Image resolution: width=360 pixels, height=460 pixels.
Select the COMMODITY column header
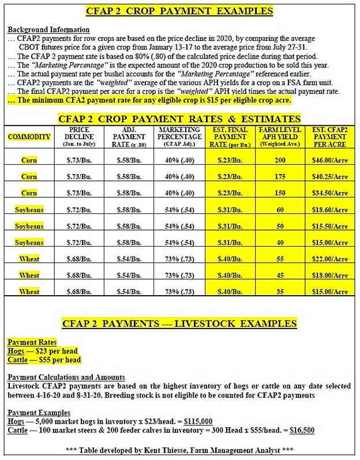tap(29, 137)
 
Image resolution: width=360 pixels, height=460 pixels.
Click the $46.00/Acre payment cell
tap(331, 160)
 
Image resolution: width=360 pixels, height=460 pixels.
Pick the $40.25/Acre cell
tap(331, 176)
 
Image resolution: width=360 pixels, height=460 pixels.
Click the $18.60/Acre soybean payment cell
tap(331, 210)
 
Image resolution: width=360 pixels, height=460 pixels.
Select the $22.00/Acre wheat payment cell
tap(331, 259)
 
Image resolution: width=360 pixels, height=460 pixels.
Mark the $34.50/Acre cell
tap(331, 193)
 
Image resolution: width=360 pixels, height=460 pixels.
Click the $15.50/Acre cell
tap(331, 227)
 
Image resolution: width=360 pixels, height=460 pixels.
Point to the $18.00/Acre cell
tap(331, 276)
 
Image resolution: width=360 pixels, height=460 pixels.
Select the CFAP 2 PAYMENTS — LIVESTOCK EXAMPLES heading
tap(179, 323)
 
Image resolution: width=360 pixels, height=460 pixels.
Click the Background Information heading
tap(48, 29)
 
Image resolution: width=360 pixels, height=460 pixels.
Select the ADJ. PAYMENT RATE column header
tap(129, 137)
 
